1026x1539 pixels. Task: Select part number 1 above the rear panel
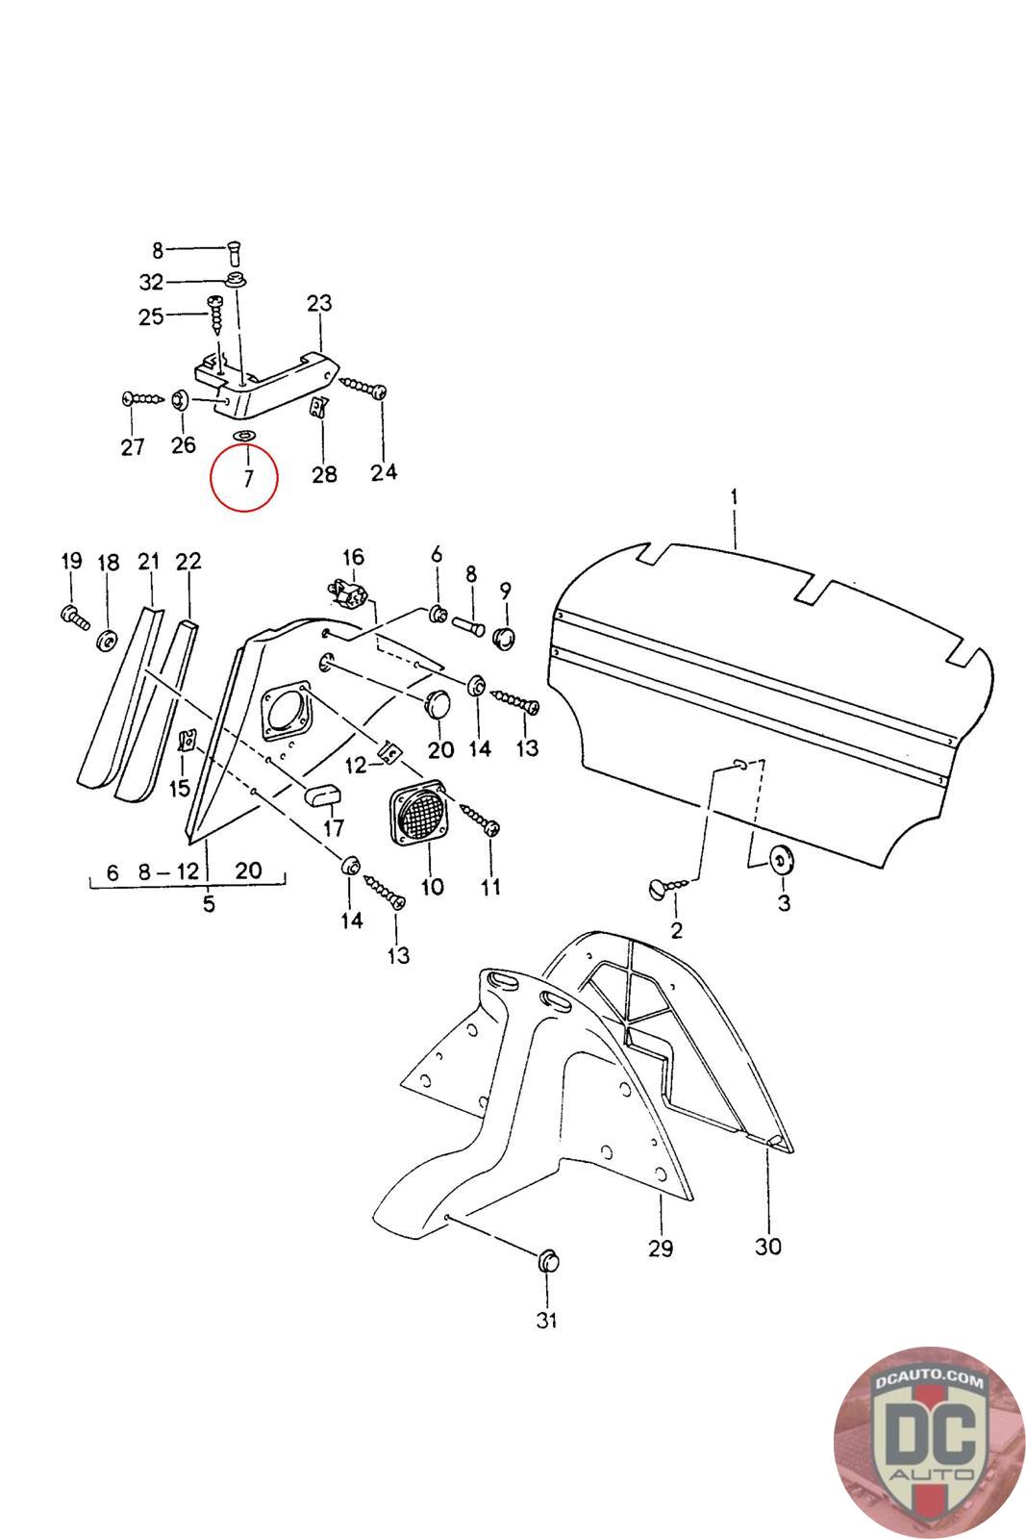tap(734, 497)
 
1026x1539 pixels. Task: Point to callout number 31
tap(546, 1321)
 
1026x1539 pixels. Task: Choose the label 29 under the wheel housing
tap(661, 1249)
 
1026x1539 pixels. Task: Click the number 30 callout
tap(768, 1247)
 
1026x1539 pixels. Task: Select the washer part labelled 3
tap(780, 858)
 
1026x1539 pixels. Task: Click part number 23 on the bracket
tap(319, 303)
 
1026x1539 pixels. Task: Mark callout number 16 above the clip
tap(353, 557)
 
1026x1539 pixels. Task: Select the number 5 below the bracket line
tap(209, 904)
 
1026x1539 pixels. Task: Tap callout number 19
tap(72, 562)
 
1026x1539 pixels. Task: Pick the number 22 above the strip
tap(188, 562)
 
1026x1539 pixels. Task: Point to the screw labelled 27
tap(141, 398)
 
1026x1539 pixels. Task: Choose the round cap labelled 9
tap(504, 636)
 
